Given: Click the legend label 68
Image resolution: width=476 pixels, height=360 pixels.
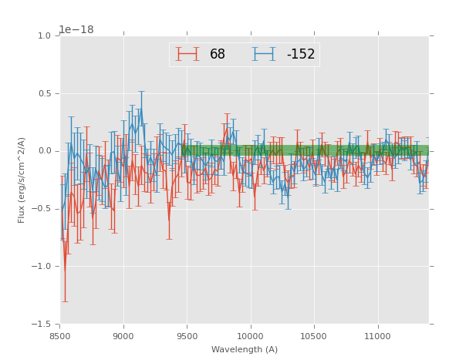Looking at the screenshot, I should tap(218, 54).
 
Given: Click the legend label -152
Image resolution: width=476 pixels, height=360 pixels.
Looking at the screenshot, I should tap(300, 54).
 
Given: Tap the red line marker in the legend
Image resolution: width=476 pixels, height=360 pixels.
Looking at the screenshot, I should tap(187, 54).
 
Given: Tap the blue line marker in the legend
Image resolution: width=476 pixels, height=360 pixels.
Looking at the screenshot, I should tap(265, 54).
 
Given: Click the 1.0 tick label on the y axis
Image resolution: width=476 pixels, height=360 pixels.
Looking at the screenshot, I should tap(43, 35).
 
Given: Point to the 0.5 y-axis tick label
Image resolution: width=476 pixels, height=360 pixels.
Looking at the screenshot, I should tap(43, 93).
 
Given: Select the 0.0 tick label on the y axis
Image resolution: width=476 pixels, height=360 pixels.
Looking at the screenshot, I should tap(43, 151).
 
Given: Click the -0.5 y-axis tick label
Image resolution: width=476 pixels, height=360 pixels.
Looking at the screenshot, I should tap(42, 209).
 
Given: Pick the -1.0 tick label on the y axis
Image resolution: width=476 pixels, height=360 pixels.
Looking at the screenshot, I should tap(42, 266).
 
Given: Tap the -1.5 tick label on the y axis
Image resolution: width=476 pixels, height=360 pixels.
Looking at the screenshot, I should tap(42, 324).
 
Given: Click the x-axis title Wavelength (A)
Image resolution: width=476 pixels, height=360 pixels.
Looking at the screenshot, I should tap(244, 349).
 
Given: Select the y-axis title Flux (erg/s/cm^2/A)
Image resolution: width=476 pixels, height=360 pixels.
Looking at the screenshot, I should tap(22, 180).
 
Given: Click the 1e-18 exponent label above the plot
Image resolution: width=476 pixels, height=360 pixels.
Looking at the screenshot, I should tap(76, 30).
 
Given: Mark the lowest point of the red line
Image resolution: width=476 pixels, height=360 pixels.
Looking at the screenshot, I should tap(65, 274).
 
